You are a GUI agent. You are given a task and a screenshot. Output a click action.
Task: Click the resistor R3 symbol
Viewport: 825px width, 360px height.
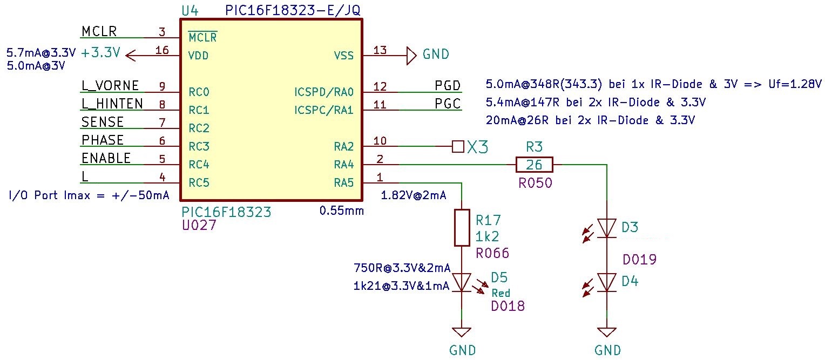[534, 165]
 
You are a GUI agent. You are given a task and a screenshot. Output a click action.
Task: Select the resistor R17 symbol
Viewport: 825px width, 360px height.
[462, 227]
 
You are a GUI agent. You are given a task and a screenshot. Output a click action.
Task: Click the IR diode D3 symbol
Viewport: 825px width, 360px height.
[607, 228]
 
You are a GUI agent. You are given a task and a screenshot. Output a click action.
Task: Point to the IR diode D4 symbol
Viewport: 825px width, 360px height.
[607, 282]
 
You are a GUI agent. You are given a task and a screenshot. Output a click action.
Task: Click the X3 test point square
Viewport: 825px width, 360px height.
[458, 146]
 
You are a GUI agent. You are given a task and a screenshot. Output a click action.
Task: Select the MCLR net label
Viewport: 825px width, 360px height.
[99, 31]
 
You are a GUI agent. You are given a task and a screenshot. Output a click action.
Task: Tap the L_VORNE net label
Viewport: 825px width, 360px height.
[110, 86]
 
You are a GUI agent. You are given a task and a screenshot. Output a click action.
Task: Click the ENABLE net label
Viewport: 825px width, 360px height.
[106, 158]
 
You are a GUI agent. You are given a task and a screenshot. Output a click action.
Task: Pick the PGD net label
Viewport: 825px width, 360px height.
[448, 86]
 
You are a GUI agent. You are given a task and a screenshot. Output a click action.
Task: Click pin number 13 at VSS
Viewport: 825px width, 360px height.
[380, 50]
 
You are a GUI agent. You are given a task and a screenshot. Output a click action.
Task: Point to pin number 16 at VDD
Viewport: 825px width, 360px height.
[162, 50]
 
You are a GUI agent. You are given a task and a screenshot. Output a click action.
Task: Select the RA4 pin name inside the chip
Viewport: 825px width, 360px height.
[343, 165]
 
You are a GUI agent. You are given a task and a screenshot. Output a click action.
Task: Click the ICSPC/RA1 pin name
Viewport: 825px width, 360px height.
[324, 110]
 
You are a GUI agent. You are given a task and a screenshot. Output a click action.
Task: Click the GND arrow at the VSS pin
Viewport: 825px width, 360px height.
[411, 55]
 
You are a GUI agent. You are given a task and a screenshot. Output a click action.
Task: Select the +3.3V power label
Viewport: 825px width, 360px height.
[100, 54]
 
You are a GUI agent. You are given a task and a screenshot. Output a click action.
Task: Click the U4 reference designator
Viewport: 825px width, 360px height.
[191, 10]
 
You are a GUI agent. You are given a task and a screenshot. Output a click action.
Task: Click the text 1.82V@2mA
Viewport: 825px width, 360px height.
[414, 195]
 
